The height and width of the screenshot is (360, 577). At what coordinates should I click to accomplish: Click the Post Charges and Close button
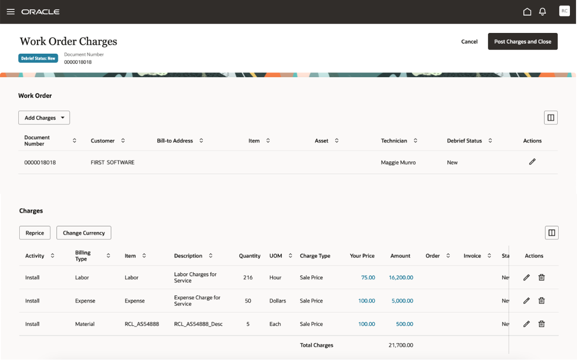(522, 41)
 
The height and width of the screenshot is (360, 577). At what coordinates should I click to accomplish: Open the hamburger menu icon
(10, 12)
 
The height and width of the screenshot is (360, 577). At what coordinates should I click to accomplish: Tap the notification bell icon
(543, 12)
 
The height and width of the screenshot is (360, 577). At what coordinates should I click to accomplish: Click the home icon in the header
(527, 12)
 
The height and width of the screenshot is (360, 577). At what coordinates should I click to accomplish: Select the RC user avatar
(564, 11)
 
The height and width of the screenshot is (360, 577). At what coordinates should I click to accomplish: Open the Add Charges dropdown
(44, 118)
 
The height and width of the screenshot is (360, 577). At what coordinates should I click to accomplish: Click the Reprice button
(35, 233)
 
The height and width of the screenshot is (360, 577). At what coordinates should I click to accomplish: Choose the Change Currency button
(84, 233)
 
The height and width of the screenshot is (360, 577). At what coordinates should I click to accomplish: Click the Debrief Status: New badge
(38, 58)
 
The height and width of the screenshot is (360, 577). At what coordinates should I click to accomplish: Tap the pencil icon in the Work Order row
(532, 162)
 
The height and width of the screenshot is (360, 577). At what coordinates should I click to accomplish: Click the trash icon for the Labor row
(542, 278)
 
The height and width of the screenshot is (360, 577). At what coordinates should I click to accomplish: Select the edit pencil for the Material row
(527, 324)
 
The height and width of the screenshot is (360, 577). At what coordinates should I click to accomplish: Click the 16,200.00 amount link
(401, 278)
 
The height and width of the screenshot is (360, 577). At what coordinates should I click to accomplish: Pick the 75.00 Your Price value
(368, 278)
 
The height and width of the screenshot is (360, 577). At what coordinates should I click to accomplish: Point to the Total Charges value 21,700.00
(401, 345)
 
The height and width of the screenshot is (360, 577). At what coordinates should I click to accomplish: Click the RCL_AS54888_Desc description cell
(198, 324)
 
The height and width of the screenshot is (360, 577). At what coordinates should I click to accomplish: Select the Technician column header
(394, 140)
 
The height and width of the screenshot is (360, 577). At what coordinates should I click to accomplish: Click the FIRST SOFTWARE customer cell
(112, 163)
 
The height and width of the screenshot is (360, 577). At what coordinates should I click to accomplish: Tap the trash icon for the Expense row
(542, 301)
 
